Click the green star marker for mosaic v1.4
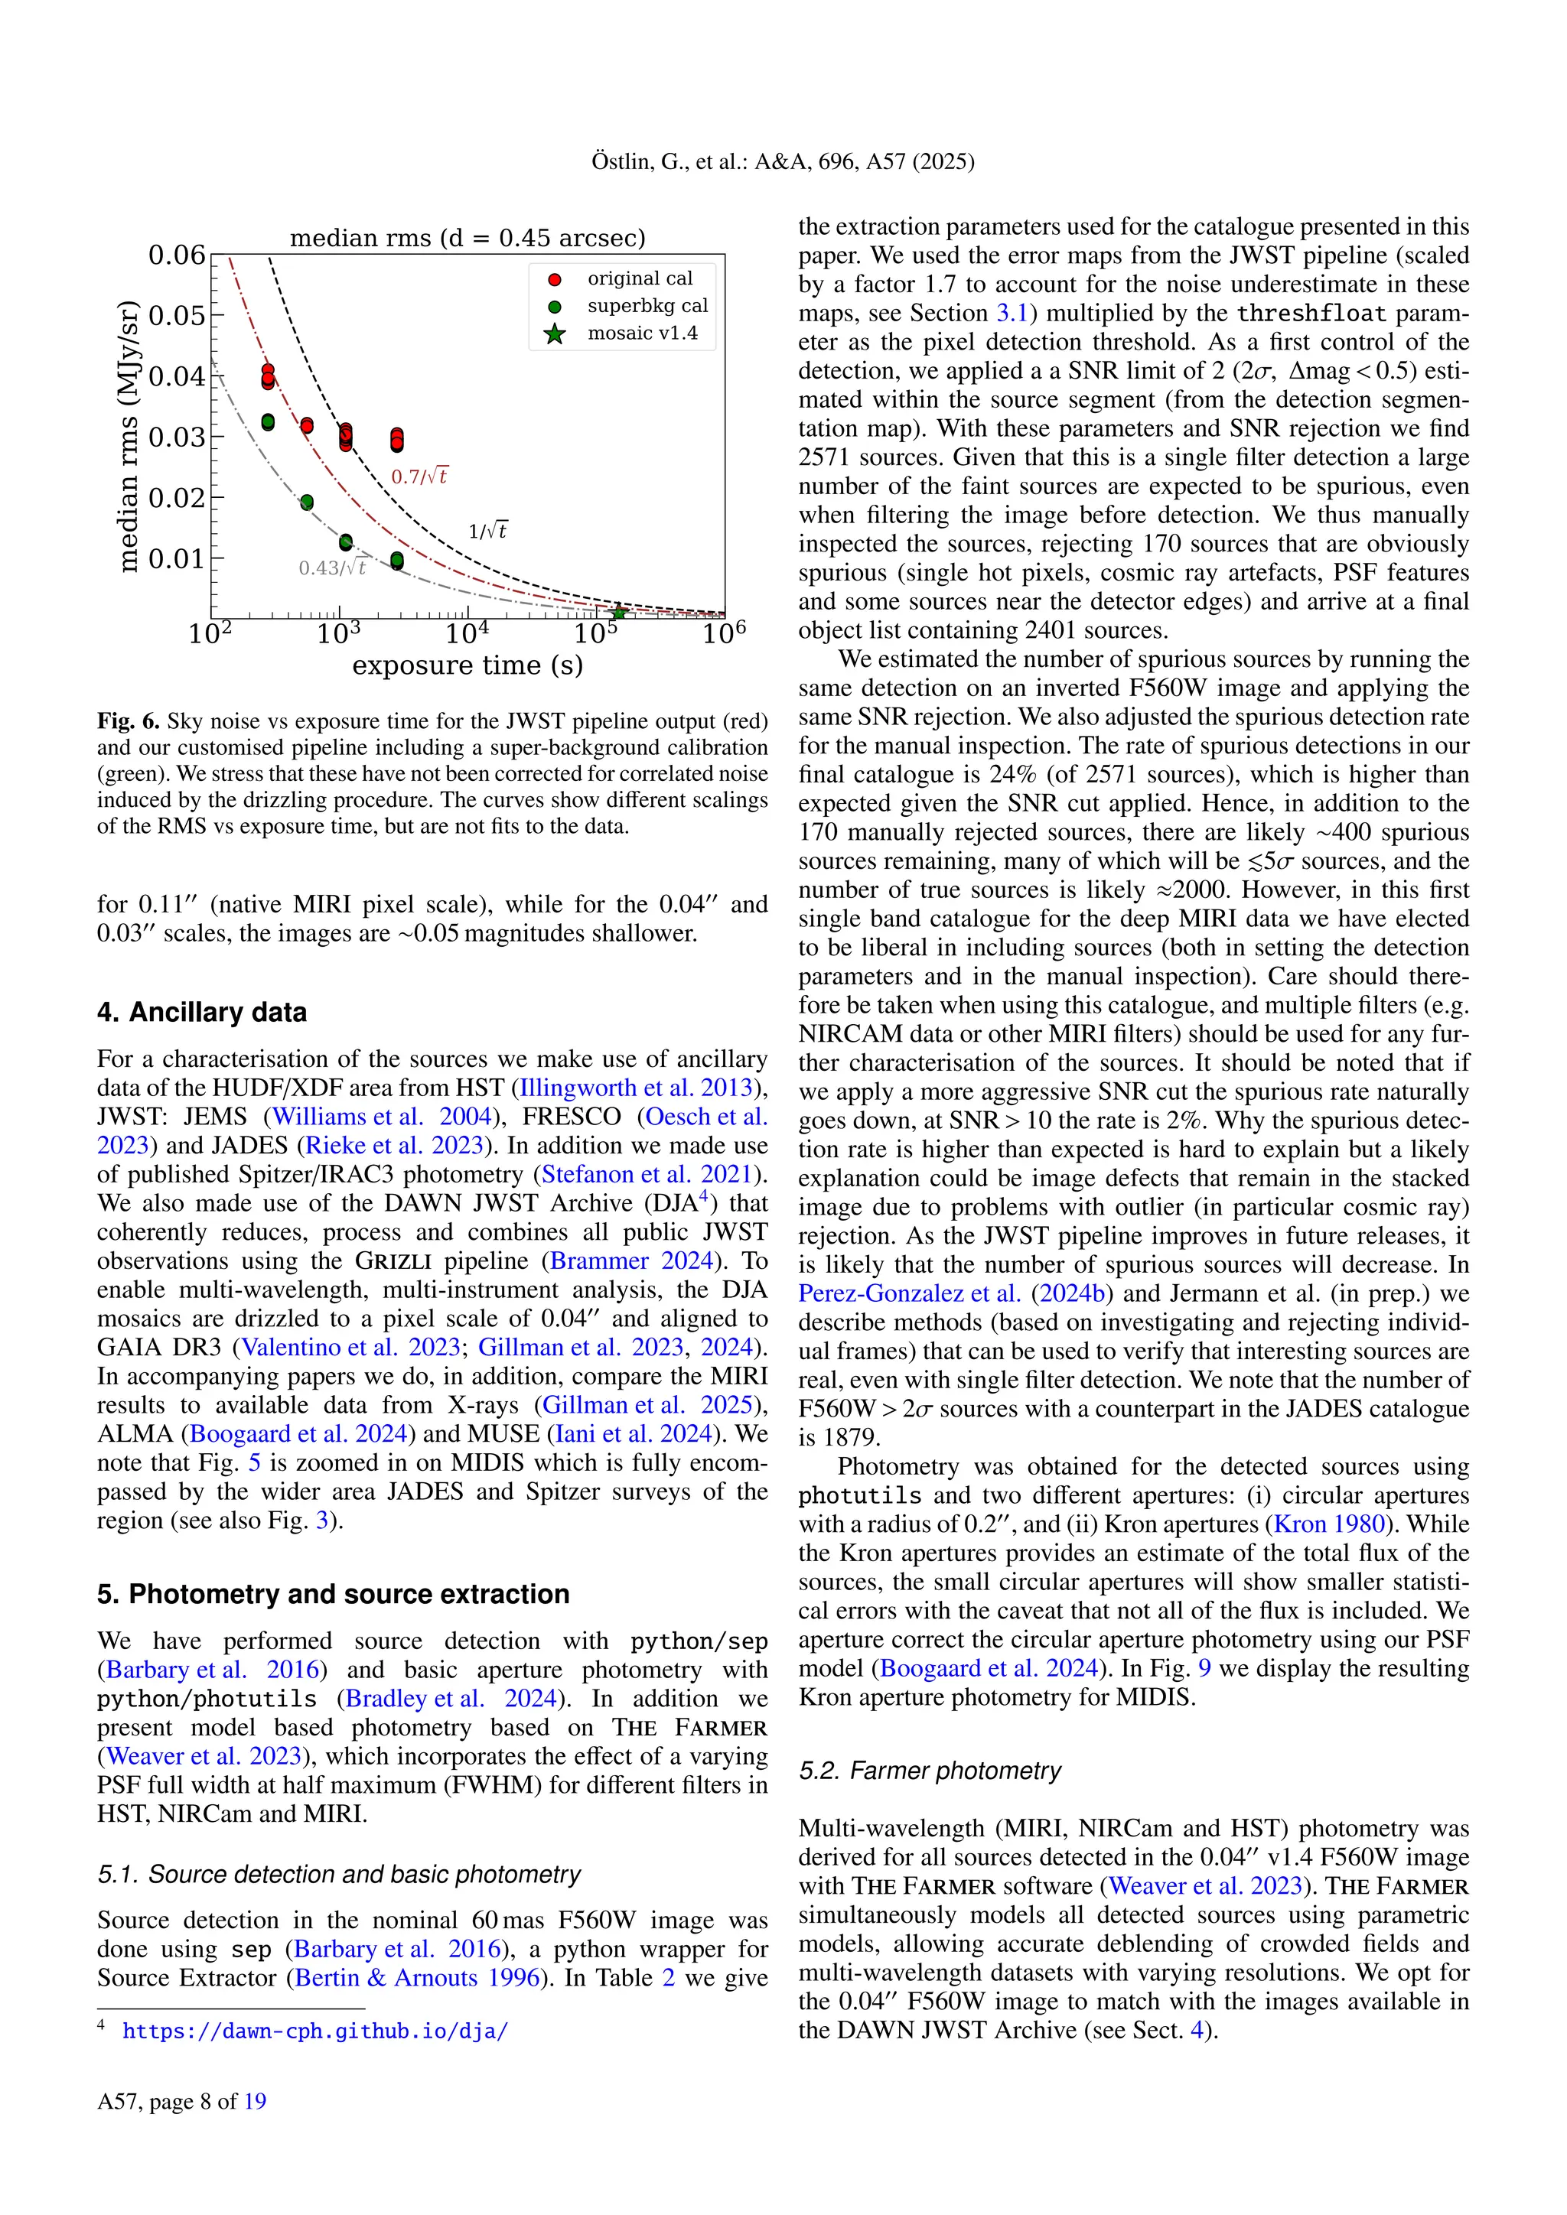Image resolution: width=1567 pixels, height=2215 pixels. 618,612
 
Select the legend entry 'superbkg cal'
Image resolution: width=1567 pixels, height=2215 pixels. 647,306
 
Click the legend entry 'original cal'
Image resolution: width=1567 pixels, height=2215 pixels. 639,279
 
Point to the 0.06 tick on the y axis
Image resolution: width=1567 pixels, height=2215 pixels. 177,255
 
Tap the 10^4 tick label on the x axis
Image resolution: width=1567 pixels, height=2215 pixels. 468,634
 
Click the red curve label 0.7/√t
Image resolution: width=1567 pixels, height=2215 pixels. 419,477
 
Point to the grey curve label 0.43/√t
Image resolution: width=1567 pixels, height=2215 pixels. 332,568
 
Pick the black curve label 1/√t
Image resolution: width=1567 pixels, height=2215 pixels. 487,531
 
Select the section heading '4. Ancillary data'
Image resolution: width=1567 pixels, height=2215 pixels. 202,1012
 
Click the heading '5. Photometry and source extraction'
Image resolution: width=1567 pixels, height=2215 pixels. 333,1594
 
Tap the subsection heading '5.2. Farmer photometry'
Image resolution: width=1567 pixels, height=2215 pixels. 929,1771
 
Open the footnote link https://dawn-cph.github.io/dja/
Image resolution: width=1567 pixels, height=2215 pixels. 314,2031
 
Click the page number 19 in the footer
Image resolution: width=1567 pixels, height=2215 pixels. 255,2101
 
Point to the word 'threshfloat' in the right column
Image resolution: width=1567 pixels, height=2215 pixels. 1311,314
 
